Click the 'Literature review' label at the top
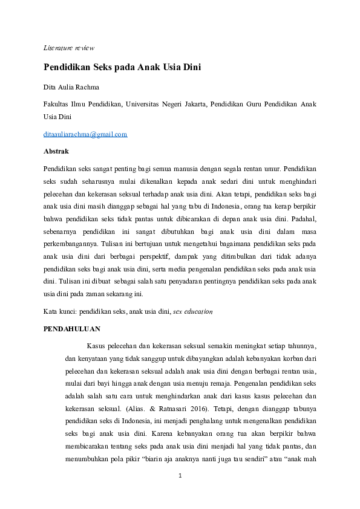coord(68,48)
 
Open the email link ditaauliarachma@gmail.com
coord(85,134)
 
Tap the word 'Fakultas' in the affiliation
coord(57,104)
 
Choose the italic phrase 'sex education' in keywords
coord(192,312)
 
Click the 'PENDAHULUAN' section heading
coord(72,329)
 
